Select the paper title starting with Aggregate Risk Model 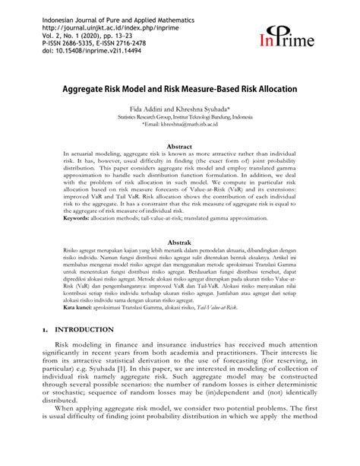(x=179, y=88)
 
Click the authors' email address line (x=180, y=126)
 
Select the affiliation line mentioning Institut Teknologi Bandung (x=180, y=119)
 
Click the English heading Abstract (x=179, y=147)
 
